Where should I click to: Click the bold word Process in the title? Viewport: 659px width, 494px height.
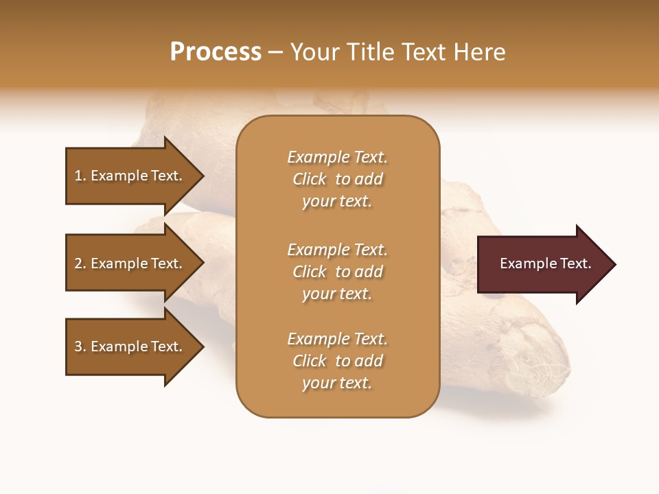click(216, 52)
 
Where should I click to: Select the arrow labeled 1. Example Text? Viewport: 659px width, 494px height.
click(130, 176)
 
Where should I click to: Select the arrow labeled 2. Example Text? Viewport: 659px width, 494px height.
click(130, 263)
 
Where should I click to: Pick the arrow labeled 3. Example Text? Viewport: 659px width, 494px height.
click(130, 346)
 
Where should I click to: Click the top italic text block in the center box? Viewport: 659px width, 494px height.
click(337, 179)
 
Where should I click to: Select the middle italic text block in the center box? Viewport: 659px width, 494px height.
click(337, 271)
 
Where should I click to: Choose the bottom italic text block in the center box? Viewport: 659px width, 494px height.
click(337, 361)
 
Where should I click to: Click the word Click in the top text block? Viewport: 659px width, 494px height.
click(310, 179)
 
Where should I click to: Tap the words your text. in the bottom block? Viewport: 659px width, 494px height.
click(337, 383)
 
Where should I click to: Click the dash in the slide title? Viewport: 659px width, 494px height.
click(276, 52)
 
